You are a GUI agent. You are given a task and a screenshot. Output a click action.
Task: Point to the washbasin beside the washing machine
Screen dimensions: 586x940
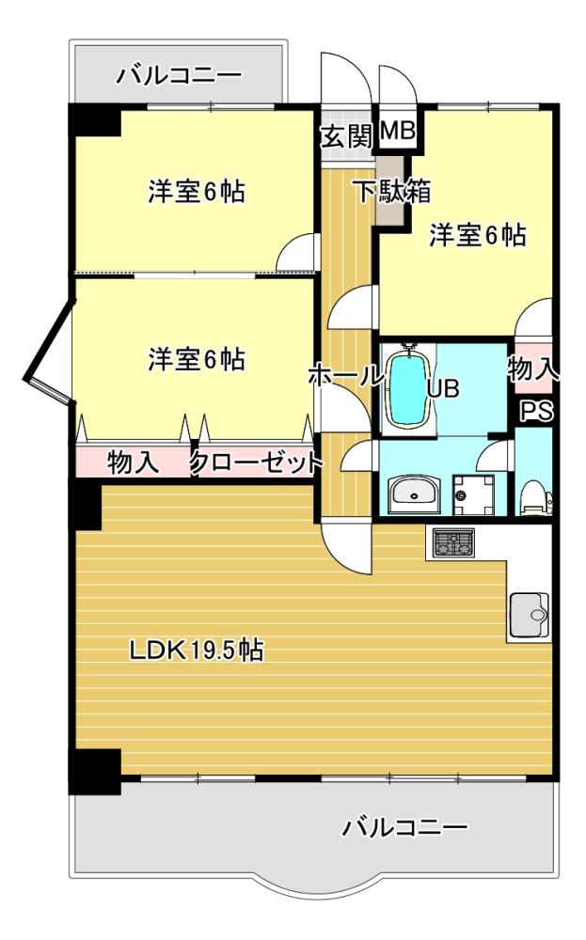click(413, 495)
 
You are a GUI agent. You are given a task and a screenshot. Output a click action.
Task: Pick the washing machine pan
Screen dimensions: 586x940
click(473, 495)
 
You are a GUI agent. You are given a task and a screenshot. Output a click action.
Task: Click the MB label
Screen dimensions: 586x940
click(397, 130)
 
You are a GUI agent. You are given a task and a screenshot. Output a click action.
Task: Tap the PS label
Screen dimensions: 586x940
click(535, 412)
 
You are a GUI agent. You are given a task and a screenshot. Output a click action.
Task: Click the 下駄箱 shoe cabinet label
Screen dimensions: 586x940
click(393, 192)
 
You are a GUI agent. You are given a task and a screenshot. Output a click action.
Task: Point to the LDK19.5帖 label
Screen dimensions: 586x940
click(197, 650)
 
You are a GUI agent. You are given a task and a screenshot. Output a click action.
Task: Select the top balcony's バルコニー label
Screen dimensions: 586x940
click(180, 75)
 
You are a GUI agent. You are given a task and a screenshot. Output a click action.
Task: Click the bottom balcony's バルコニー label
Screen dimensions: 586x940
click(404, 828)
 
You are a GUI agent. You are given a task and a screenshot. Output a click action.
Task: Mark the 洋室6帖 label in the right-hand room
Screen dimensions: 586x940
click(478, 235)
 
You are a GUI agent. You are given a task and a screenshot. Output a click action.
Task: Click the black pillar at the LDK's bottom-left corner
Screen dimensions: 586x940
click(95, 771)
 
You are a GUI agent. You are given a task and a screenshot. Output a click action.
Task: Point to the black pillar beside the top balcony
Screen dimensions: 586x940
click(95, 120)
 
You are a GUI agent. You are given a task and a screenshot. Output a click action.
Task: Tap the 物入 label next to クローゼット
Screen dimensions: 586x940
click(134, 462)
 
